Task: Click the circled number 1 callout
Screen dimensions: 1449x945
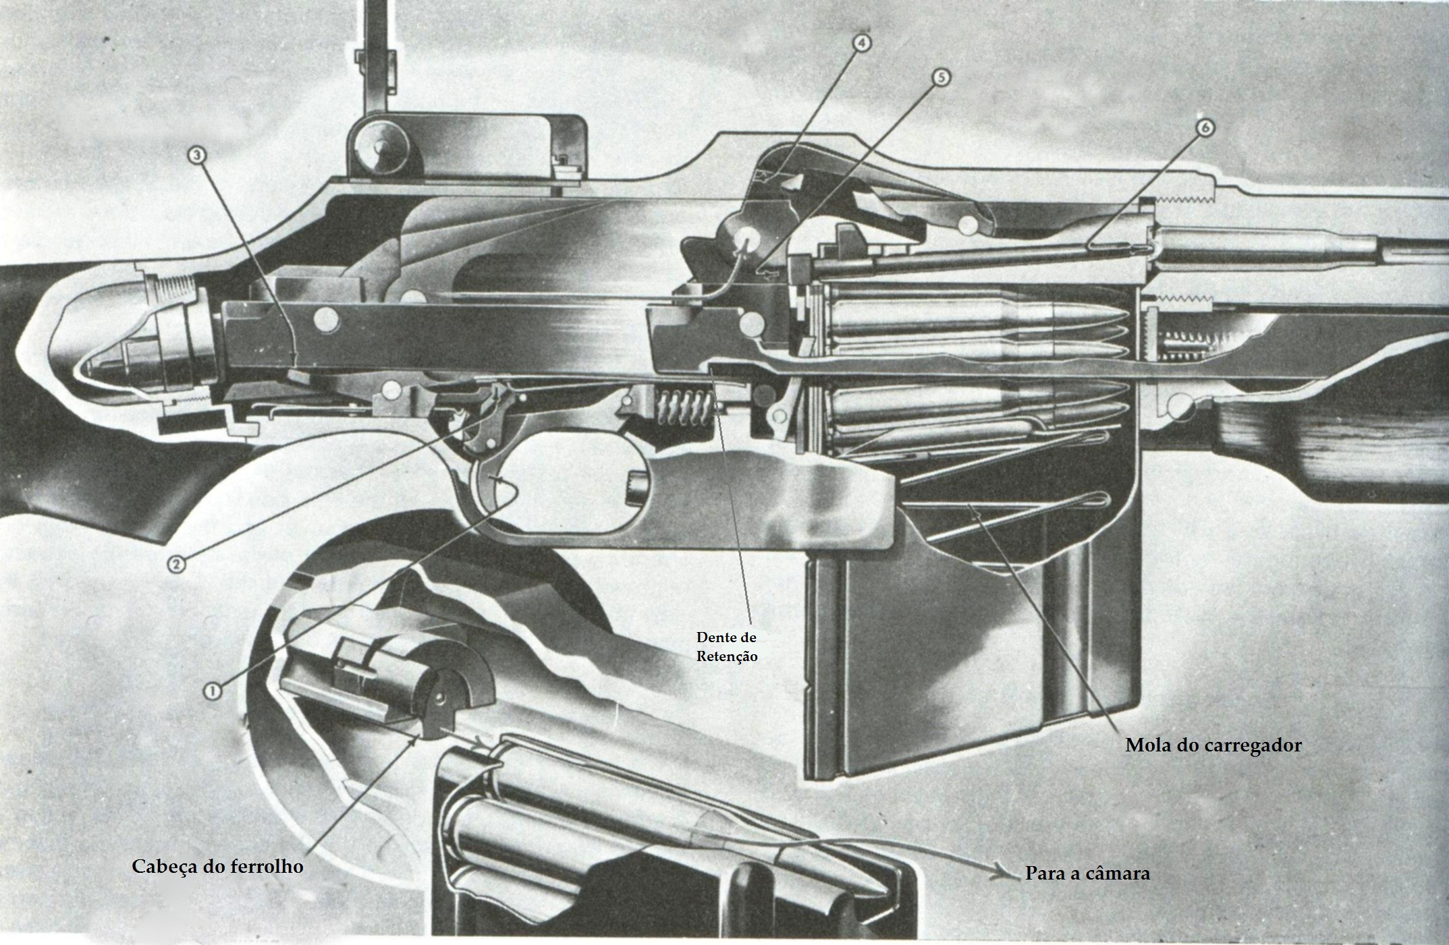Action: point(213,690)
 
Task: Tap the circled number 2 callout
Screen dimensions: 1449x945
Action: point(176,564)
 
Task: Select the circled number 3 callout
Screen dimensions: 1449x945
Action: point(197,156)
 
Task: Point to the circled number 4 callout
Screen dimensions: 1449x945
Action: point(861,43)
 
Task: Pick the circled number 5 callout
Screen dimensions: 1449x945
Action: point(941,78)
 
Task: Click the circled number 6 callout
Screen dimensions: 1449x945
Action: point(1205,127)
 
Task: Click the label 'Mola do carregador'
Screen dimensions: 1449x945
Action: point(1213,746)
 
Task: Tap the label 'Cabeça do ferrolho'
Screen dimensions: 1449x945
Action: point(217,867)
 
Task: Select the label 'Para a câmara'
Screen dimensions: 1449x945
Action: point(1087,873)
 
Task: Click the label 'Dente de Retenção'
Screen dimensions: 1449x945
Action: point(727,647)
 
